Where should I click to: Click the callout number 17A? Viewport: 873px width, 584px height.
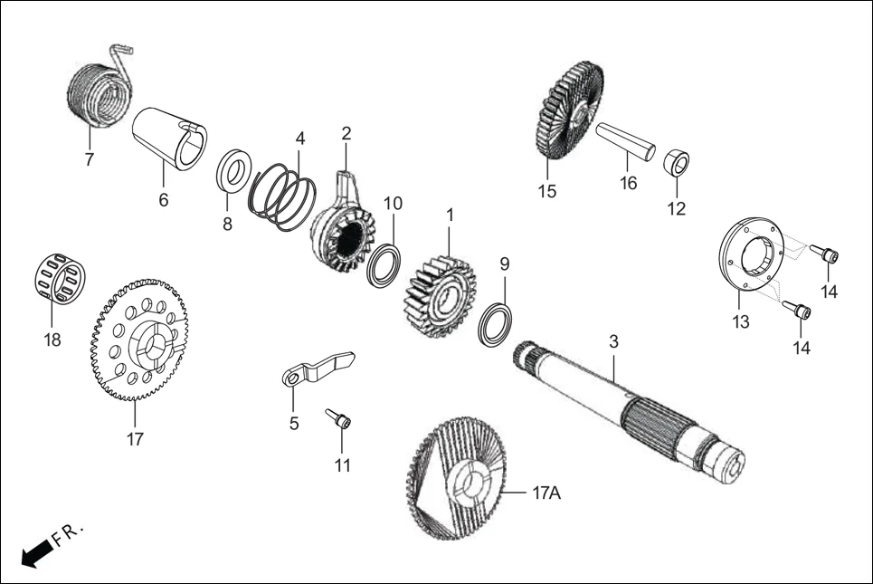click(547, 494)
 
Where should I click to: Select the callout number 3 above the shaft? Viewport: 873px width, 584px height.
click(613, 342)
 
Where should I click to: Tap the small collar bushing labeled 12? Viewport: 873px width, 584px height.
click(676, 164)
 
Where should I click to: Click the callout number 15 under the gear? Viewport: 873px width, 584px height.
click(547, 191)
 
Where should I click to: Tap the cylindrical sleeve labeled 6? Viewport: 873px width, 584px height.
click(170, 138)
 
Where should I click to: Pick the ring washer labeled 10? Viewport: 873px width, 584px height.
click(384, 264)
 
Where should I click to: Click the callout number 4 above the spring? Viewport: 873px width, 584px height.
click(300, 139)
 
